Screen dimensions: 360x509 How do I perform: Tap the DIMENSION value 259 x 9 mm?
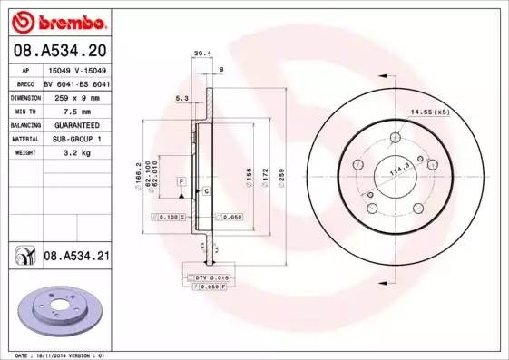[x=78, y=97]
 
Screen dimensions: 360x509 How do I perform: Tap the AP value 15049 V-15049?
[x=78, y=69]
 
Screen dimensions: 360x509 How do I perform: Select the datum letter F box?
[x=182, y=182]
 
